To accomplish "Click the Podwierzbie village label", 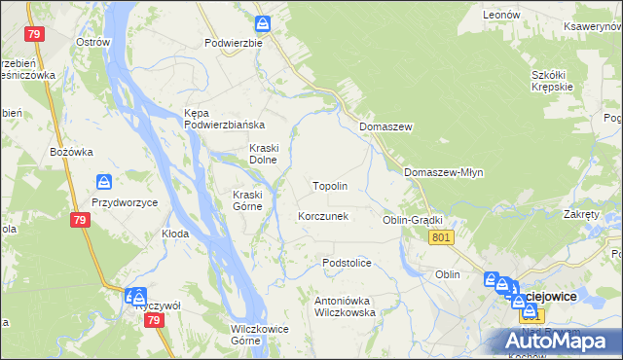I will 234,43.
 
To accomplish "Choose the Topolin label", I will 329,185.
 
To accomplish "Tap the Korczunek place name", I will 322,216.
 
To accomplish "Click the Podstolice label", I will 348,263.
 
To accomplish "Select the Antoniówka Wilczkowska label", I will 345,306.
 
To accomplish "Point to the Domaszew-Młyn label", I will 443,171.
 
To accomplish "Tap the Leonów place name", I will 502,16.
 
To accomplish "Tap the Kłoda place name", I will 175,234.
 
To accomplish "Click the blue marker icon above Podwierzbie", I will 263,23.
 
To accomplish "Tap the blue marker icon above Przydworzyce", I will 104,181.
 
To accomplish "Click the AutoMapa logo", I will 558,340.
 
